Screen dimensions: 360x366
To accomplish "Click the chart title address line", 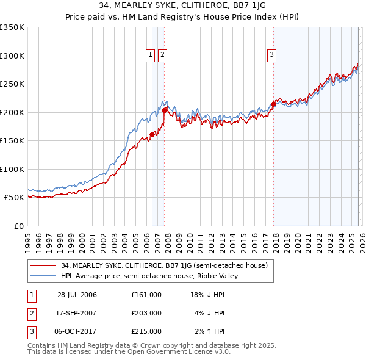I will click(x=182, y=5).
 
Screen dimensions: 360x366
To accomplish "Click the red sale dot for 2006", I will click(x=152, y=135).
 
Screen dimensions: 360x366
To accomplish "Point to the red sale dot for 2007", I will click(x=165, y=110).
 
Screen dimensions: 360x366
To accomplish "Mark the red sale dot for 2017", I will click(x=273, y=104).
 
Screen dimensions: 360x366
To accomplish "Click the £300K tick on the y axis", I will click(x=12, y=56).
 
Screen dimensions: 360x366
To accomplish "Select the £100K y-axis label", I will click(x=12, y=169).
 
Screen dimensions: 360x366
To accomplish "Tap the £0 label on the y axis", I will click(x=18, y=226).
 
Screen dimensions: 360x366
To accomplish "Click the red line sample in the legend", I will click(x=44, y=265).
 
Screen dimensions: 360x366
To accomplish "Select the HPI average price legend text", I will click(x=145, y=276).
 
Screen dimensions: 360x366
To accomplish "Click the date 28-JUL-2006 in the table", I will click(x=77, y=295).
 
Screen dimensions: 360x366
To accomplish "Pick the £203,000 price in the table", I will click(x=146, y=313).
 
